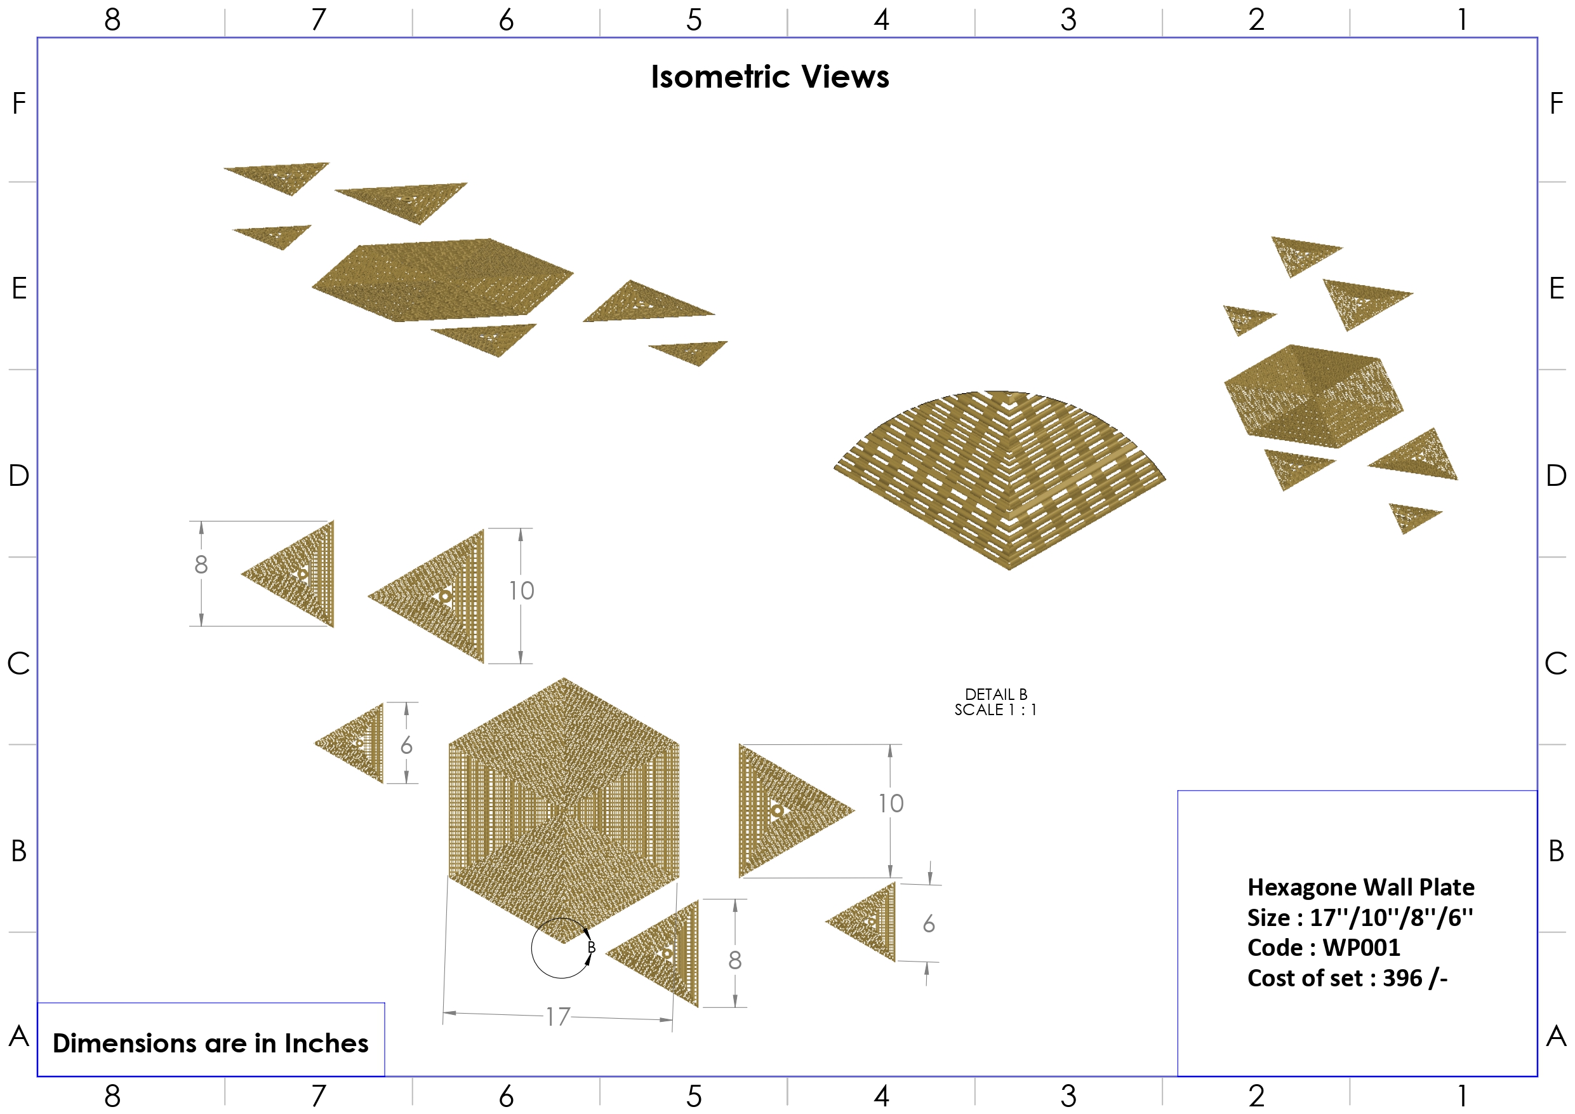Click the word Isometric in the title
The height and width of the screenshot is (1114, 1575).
coord(721,77)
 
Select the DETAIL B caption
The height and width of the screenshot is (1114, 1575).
coord(995,695)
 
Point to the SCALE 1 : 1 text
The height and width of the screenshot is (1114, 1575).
coord(995,709)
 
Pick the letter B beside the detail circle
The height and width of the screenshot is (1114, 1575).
coord(591,947)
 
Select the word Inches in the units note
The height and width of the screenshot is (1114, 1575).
coord(326,1044)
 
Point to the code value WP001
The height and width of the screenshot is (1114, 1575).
coord(1361,947)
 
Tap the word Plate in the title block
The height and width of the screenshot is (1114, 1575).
coord(1447,887)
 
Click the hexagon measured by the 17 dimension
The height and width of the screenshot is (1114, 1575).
coord(564,810)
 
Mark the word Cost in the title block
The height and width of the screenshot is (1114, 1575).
coord(1268,977)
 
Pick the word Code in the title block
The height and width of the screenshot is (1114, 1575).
coord(1275,947)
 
